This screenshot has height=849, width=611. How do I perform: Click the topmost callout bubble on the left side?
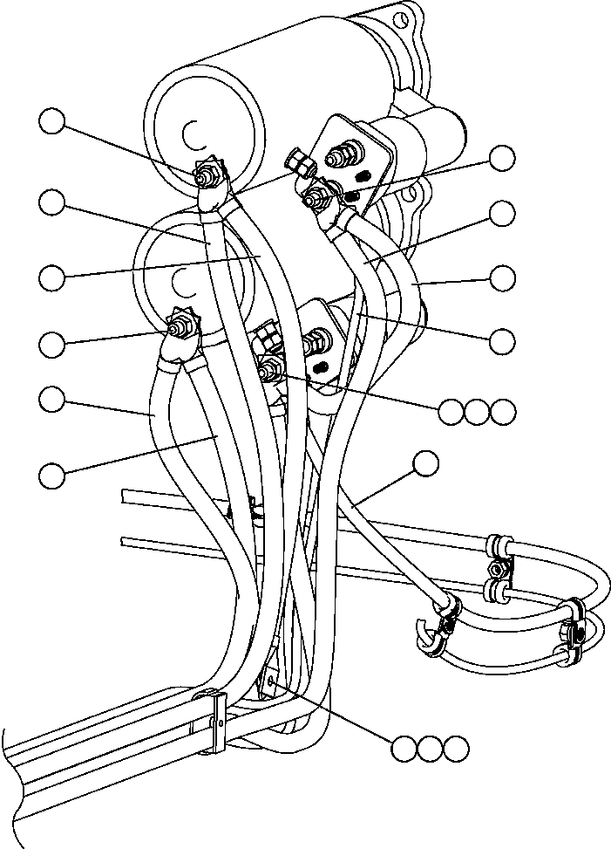pos(52,122)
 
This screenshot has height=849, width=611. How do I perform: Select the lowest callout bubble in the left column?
pos(52,475)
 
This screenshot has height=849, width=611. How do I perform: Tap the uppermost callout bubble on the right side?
pos(502,158)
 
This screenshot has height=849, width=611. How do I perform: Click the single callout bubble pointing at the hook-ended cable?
pos(426,464)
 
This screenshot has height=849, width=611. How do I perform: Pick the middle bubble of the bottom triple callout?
pos(430,749)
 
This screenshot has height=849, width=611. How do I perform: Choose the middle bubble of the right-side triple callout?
pos(477,412)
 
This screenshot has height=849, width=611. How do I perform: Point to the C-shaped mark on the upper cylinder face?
pos(193,133)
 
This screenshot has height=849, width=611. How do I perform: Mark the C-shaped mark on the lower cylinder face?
pos(181,281)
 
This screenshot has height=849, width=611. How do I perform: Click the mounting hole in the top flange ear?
pos(403,19)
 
